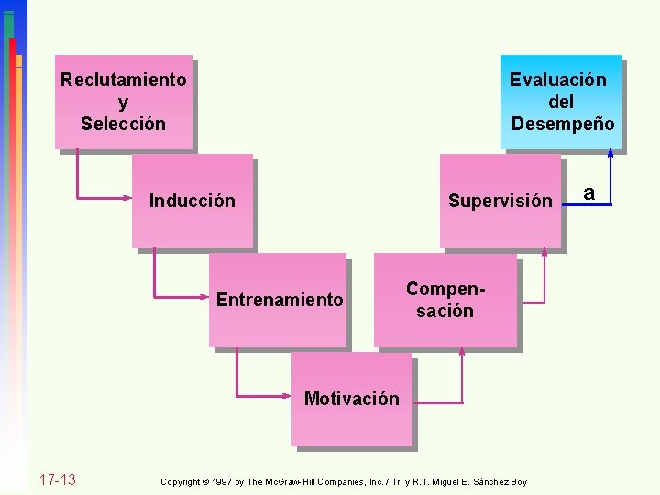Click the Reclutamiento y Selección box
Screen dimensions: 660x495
(x=124, y=102)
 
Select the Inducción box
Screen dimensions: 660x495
(x=192, y=201)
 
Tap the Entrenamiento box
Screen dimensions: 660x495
(x=279, y=300)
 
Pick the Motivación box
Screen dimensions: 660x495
(x=351, y=399)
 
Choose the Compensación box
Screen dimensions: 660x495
(x=445, y=300)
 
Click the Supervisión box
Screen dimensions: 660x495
(x=500, y=201)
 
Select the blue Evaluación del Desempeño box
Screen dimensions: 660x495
(x=561, y=102)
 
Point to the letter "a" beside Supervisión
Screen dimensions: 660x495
(x=589, y=192)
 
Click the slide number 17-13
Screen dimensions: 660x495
(x=57, y=480)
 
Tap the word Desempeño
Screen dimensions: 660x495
(x=563, y=124)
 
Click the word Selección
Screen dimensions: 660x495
(x=124, y=124)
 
